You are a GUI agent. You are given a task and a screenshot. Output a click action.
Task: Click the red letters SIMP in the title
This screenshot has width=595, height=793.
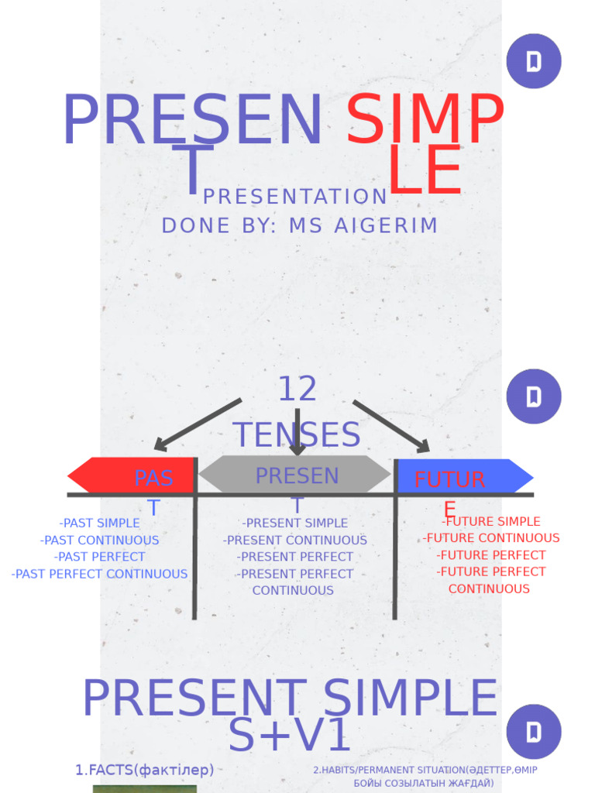tap(425, 122)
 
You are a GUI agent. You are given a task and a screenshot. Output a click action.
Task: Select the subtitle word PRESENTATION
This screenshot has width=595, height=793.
tap(295, 197)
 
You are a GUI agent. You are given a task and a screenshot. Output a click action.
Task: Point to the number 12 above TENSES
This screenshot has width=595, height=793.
tap(297, 390)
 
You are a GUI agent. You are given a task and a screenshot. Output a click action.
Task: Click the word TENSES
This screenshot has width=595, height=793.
tap(297, 434)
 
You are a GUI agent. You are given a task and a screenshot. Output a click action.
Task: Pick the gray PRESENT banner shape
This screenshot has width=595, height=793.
tap(294, 474)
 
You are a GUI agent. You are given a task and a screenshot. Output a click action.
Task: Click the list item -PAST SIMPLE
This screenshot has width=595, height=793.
tap(99, 524)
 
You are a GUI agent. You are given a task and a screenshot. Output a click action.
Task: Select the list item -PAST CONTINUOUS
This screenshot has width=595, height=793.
tap(99, 541)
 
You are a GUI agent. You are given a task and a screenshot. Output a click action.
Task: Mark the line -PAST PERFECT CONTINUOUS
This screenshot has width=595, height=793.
tap(99, 574)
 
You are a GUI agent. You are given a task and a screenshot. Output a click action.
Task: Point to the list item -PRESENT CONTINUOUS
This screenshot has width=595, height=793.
tap(295, 541)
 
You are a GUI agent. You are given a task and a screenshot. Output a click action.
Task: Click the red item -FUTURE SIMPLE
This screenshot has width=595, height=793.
tap(491, 522)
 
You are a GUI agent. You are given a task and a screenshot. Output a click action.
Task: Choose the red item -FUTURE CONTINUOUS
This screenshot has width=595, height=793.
tap(491, 538)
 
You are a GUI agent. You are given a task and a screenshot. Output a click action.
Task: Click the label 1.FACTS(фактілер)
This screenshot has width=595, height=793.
tap(145, 770)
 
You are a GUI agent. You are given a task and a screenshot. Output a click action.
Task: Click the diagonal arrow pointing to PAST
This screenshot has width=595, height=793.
tap(198, 424)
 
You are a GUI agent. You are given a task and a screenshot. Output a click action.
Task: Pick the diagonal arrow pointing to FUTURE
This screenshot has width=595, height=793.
tap(391, 426)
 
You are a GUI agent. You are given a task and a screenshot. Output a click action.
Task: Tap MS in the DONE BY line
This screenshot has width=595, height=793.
tap(306, 226)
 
